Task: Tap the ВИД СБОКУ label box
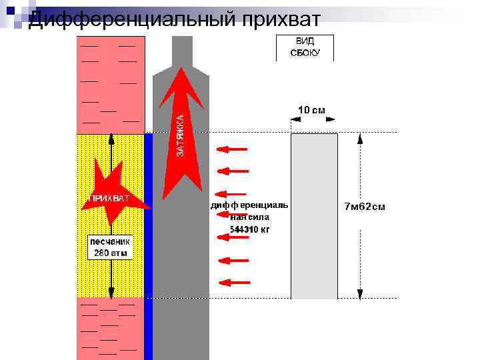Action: tap(305, 47)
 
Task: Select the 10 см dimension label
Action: tap(311, 109)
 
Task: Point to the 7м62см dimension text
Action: tap(364, 207)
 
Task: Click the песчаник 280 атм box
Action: tap(111, 247)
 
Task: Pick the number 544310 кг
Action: tap(250, 229)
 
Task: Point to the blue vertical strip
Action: tap(149, 247)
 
